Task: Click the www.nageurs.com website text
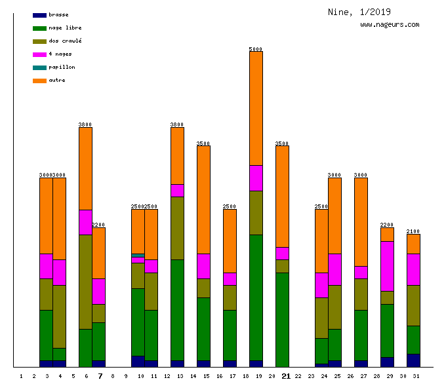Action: pyautogui.click(x=390, y=25)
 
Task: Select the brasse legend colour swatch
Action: pyautogui.click(x=39, y=15)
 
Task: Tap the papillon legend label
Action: pyautogui.click(x=62, y=67)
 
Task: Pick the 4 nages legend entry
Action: pyautogui.click(x=60, y=54)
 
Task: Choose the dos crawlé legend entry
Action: pyautogui.click(x=65, y=41)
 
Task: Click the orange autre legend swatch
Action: pyautogui.click(x=39, y=81)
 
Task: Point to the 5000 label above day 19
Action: pyautogui.click(x=256, y=49)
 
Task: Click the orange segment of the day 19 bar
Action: pyautogui.click(x=256, y=108)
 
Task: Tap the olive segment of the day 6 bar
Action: pyautogui.click(x=85, y=282)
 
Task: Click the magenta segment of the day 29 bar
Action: pyautogui.click(x=387, y=266)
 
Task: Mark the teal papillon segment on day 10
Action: pyautogui.click(x=138, y=256)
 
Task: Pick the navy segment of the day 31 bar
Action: pyautogui.click(x=413, y=360)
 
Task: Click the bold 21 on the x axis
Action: pyautogui.click(x=285, y=376)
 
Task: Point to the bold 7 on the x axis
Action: pyautogui.click(x=100, y=376)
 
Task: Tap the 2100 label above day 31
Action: pyautogui.click(x=413, y=231)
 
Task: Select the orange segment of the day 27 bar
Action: pyautogui.click(x=361, y=221)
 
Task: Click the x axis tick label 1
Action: pyautogui.click(x=22, y=377)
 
